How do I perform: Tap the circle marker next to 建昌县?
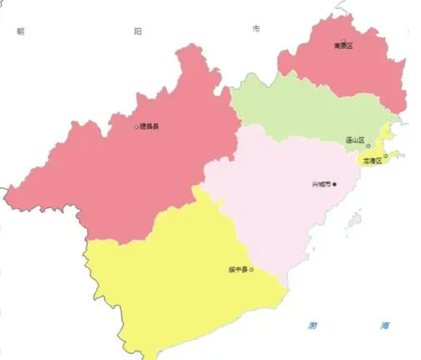(137, 126)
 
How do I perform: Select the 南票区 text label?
(343, 45)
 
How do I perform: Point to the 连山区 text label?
(354, 141)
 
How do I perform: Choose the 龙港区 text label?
(372, 161)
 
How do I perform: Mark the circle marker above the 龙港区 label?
(385, 156)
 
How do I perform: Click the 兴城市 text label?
(322, 184)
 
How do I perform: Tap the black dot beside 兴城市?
(335, 184)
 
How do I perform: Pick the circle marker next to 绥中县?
(251, 270)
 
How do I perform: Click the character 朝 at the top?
(20, 31)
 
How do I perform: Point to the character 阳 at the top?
(138, 31)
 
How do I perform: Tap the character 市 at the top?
(256, 29)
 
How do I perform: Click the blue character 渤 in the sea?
(312, 325)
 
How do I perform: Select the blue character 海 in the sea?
(385, 325)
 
